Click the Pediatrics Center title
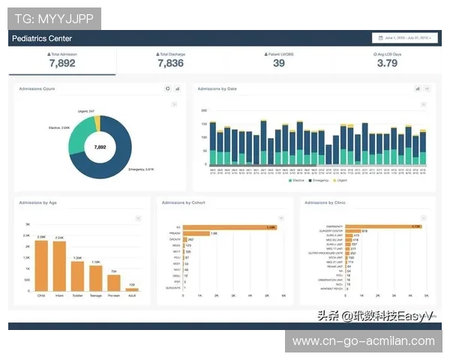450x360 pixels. pyautogui.click(x=42, y=38)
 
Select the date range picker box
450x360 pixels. pyautogui.click(x=404, y=37)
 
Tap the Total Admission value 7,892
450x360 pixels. pyautogui.click(x=61, y=64)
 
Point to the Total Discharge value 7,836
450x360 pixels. pyautogui.click(x=170, y=64)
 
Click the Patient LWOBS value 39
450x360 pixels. pyautogui.click(x=278, y=64)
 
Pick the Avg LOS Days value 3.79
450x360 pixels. pyautogui.click(x=386, y=64)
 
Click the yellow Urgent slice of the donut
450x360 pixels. pyautogui.click(x=97, y=121)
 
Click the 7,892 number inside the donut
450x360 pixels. pyautogui.click(x=100, y=148)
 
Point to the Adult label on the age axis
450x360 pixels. pyautogui.click(x=132, y=295)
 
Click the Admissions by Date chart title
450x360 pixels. pyautogui.click(x=217, y=89)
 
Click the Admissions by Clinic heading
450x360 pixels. pyautogui.click(x=325, y=202)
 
